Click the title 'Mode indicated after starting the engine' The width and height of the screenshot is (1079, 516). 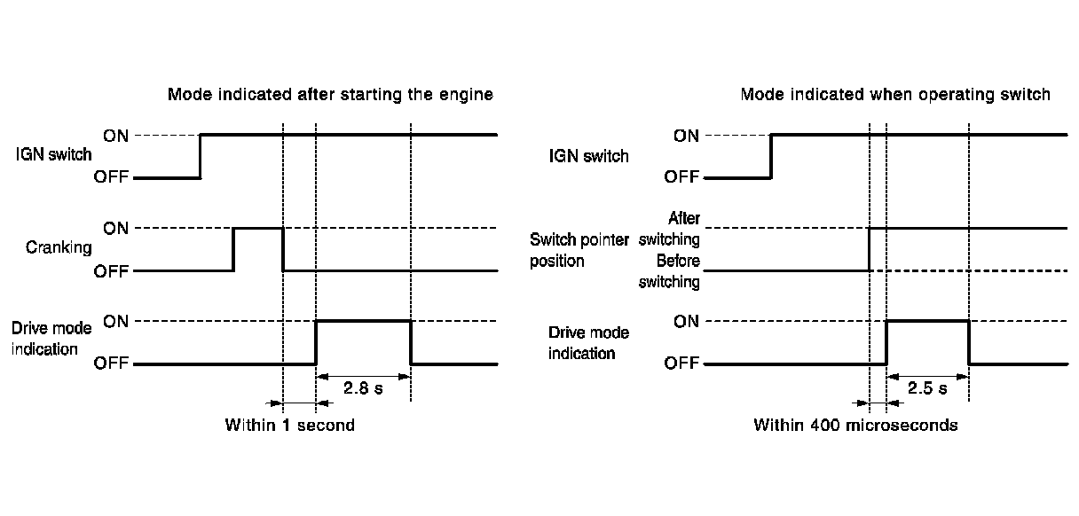tap(330, 94)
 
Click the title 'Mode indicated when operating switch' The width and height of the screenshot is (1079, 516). tap(895, 94)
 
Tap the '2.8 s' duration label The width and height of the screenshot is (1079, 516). tap(362, 389)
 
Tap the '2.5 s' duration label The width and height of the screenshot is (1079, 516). tap(926, 389)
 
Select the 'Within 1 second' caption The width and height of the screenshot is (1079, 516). tap(289, 425)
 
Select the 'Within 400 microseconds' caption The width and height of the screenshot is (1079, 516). tap(855, 425)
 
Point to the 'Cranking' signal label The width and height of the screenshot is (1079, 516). tap(59, 248)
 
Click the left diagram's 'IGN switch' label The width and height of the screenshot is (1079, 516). tap(53, 155)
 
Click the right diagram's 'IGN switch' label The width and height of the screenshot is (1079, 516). tap(589, 157)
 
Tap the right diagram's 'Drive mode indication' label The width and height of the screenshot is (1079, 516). tap(588, 343)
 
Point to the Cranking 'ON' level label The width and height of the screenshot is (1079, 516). tap(116, 228)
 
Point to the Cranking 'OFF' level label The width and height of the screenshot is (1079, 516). tap(112, 271)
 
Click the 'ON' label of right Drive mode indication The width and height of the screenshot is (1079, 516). tap(686, 321)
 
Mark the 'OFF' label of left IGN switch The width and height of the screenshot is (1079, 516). tap(112, 177)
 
